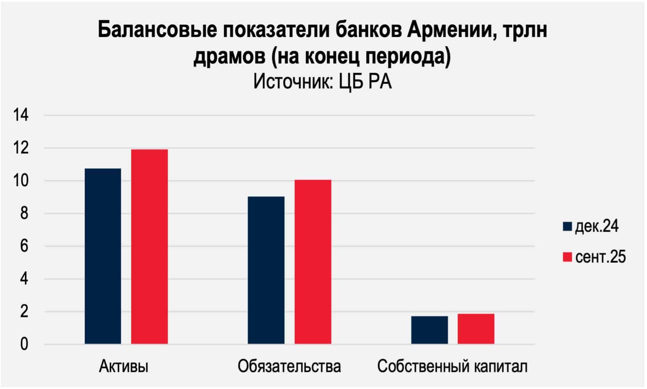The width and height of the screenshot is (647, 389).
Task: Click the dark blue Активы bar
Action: [x=103, y=256]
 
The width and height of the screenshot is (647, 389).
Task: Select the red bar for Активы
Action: [x=149, y=246]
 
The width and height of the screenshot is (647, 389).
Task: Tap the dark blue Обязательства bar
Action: [x=266, y=270]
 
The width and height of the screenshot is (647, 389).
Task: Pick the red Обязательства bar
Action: [x=313, y=262]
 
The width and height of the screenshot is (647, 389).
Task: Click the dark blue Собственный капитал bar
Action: [x=429, y=330]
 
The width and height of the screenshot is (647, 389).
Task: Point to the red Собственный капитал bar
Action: [x=476, y=329]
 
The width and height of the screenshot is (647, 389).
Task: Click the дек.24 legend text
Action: [x=597, y=226]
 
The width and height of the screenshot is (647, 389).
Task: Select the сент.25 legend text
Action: [x=600, y=257]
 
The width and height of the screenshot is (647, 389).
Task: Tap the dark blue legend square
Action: [x=567, y=226]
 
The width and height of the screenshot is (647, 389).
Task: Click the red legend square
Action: [x=567, y=257]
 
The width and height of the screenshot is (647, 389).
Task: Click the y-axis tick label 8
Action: [x=24, y=213]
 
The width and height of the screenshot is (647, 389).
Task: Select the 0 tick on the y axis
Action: [x=24, y=344]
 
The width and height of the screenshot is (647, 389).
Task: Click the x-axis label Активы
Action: [x=124, y=366]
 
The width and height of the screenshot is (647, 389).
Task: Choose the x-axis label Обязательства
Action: [x=289, y=366]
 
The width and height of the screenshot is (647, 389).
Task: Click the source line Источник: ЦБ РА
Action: [x=323, y=82]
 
